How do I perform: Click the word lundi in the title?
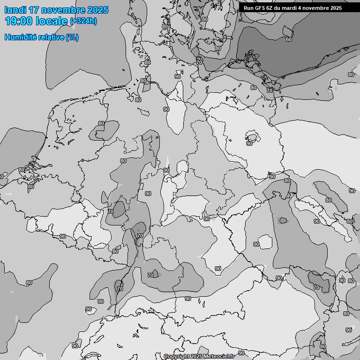coord(15,10)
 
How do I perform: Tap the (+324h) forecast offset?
coord(83,21)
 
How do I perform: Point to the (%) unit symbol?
coord(72,37)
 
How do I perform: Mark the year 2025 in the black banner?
coord(336,8)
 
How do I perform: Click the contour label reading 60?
coord(288,39)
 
